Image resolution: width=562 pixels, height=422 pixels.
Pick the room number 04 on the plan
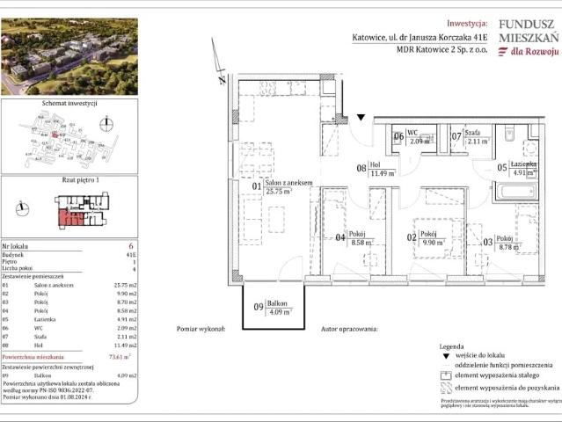pyautogui.click(x=341, y=236)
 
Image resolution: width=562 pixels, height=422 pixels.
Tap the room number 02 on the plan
pyautogui.click(x=411, y=237)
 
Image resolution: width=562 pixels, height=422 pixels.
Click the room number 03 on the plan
pyautogui.click(x=488, y=240)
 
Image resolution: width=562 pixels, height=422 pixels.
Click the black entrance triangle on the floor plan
pyautogui.click(x=361, y=117)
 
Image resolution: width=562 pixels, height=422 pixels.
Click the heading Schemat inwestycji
pyautogui.click(x=69, y=103)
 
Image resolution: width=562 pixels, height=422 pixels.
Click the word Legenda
pyautogui.click(x=464, y=348)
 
